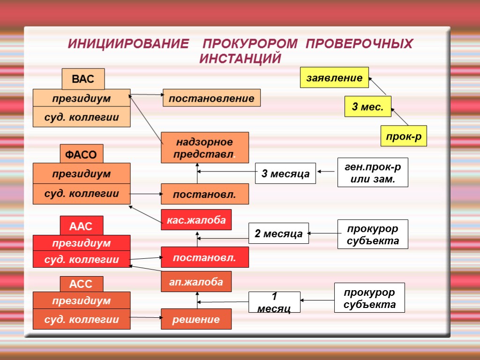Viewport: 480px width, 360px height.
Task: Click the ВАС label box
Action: [83, 79]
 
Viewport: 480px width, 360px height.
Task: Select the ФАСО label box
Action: [81, 154]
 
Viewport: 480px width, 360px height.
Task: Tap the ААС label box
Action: [81, 226]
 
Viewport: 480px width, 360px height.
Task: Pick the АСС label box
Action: [81, 284]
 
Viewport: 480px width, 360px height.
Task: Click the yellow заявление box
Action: [334, 78]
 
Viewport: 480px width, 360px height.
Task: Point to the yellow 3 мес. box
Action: [367, 107]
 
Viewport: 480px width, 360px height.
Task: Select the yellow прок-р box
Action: [403, 136]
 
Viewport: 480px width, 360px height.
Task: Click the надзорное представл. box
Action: [205, 148]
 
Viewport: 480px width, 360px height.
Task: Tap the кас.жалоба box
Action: [196, 220]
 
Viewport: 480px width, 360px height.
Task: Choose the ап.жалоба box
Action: [196, 282]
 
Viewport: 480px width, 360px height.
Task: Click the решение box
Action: [196, 319]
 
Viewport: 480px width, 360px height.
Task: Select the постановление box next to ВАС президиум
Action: [211, 98]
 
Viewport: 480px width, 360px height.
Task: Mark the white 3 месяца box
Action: [285, 173]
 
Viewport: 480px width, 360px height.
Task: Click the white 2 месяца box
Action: [278, 233]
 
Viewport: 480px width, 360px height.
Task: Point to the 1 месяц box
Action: [274, 302]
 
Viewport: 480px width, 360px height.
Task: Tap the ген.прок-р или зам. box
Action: [373, 172]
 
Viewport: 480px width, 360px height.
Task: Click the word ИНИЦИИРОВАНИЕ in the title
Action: [127, 44]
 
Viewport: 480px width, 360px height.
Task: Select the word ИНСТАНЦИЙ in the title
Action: [240, 59]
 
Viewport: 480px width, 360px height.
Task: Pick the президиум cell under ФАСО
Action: [82, 173]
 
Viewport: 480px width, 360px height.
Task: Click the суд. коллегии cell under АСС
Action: [82, 319]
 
